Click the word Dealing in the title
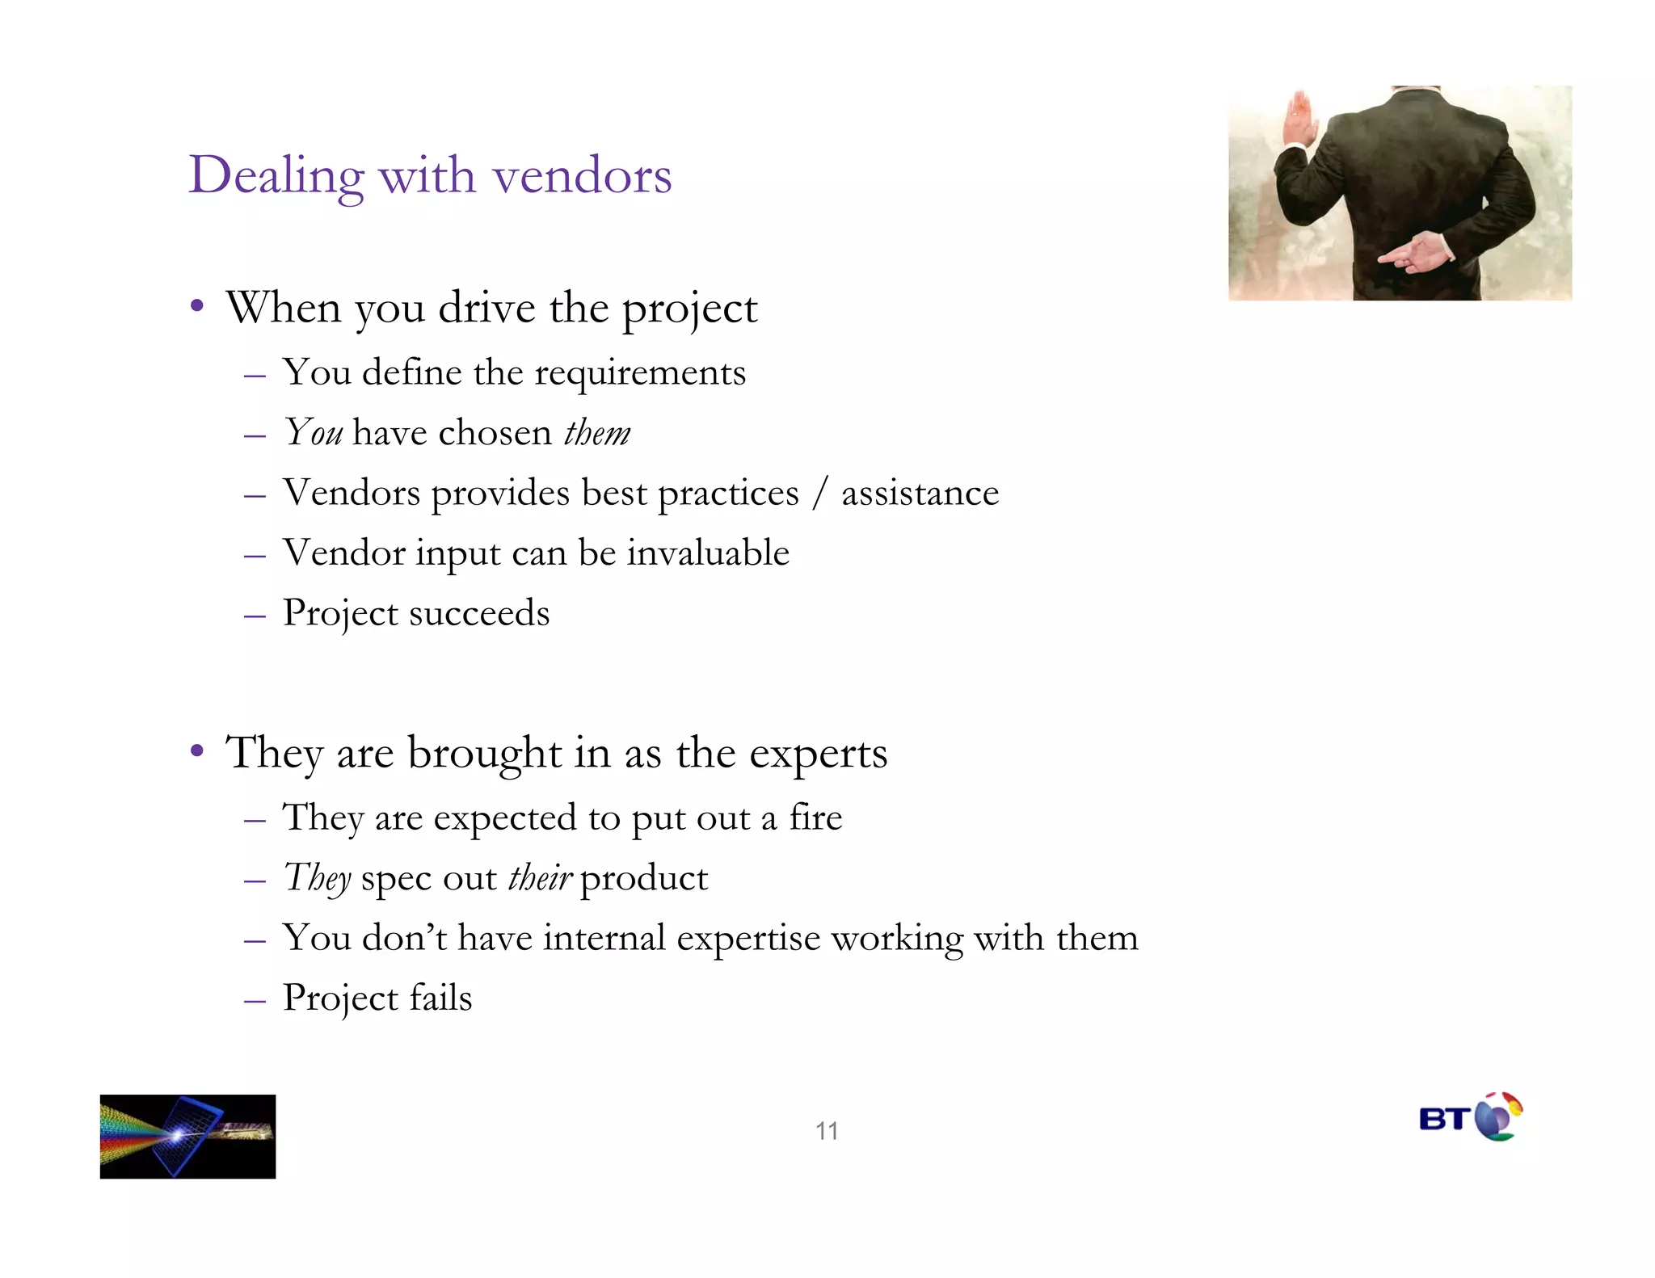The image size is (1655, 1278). pos(276,175)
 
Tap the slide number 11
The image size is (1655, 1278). pos(826,1130)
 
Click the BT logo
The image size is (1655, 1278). pos(1471,1117)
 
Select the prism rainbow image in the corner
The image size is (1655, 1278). pos(187,1136)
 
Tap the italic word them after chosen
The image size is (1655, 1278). pos(596,433)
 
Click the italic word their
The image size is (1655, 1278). pos(540,878)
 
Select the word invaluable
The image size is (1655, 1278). pos(708,553)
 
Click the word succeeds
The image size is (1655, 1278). pos(479,613)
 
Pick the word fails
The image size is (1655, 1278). pos(440,998)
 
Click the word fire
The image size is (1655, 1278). pos(815,818)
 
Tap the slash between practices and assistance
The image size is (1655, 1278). pos(820,493)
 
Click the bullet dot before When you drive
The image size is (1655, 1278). pos(196,307)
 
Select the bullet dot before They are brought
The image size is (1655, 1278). pos(196,751)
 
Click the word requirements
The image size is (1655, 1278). pos(640,373)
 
